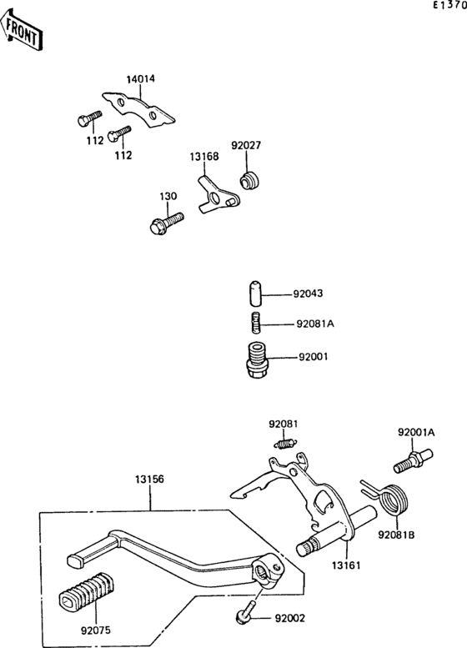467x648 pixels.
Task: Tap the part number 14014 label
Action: point(141,79)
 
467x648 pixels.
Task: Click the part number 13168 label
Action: point(203,156)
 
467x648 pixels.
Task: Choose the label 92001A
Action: point(415,432)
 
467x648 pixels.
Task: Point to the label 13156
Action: point(150,480)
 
